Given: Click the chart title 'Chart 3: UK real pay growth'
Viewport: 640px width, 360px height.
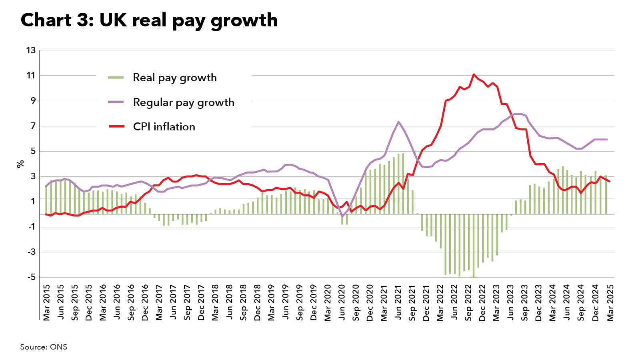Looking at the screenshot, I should point(149,20).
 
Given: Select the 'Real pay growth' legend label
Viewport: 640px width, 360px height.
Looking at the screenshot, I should point(174,78).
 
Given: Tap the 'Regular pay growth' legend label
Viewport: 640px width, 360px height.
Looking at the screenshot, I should point(183,102).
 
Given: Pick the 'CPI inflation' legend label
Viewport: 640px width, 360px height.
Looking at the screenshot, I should point(164,127).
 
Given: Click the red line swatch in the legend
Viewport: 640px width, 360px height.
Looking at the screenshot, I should point(116,127).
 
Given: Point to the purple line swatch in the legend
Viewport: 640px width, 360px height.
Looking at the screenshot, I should point(116,102).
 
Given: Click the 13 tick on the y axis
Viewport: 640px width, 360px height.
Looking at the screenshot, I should point(31,50).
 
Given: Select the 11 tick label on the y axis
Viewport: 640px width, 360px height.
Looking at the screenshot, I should point(31,76).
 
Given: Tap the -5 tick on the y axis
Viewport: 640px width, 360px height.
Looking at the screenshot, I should point(31,277).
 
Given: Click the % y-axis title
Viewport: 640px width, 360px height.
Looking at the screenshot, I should point(20,164).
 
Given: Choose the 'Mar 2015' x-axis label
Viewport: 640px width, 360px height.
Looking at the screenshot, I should point(47,302).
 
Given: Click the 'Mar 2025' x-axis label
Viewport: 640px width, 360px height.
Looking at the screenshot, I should point(610,302).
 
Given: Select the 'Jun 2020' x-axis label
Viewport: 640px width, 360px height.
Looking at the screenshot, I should point(342,302).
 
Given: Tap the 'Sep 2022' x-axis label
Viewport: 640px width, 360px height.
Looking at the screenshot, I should point(468,302).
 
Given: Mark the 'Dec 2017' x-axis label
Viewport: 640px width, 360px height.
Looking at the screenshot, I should point(201,302).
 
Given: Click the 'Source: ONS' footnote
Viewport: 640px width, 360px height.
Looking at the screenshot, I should point(44,347).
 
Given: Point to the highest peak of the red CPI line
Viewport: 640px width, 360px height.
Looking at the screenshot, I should point(474,74).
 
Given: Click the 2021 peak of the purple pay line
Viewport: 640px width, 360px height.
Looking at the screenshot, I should point(398,122).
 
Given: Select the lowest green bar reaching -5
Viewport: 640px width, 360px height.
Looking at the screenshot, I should point(474,276).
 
